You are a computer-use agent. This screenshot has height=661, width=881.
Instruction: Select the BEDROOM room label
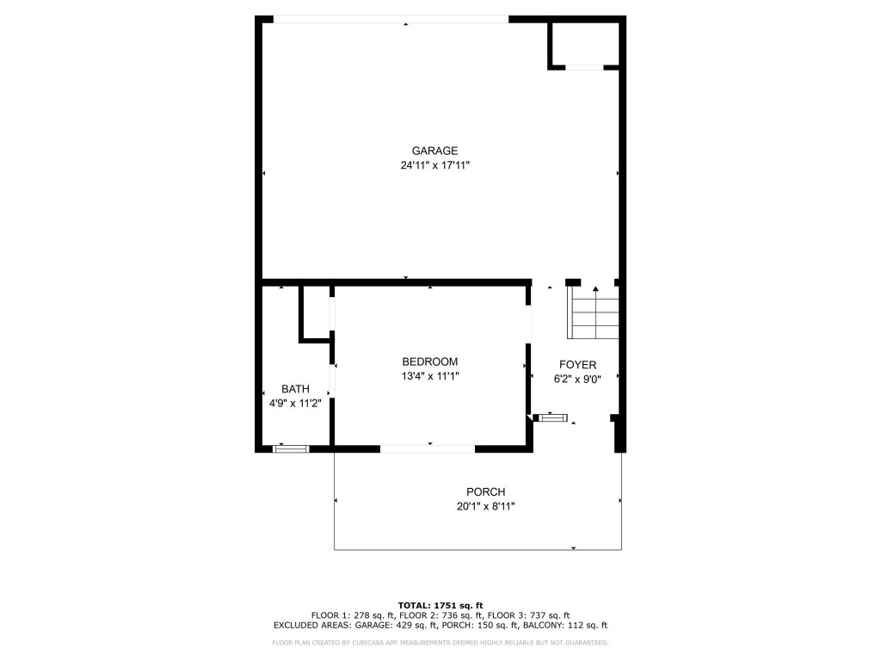429,361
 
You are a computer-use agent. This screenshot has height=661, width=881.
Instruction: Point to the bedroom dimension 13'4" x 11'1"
429,376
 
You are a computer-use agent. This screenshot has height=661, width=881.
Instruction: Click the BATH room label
295,389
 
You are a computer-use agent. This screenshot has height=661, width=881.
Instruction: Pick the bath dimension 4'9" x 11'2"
295,404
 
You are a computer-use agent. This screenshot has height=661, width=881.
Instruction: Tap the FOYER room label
577,365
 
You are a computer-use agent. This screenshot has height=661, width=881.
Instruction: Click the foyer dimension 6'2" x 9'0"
577,379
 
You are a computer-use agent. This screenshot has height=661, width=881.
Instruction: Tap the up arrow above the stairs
595,290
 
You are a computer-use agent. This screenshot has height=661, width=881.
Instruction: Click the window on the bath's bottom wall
291,448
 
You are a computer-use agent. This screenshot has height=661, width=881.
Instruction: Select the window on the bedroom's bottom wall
428,448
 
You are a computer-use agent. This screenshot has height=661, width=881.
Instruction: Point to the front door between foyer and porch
551,418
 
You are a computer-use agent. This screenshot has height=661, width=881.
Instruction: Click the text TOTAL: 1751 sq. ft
440,604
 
